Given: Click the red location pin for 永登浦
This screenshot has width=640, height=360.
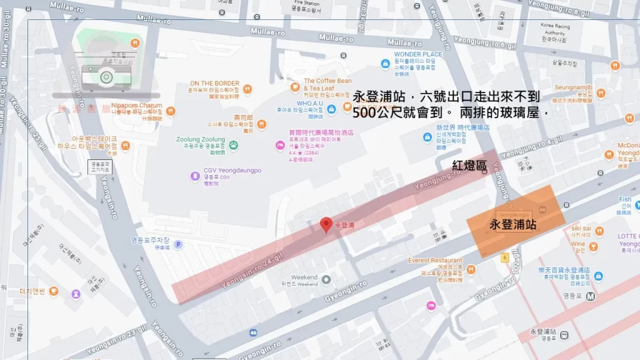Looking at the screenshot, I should click(326, 224).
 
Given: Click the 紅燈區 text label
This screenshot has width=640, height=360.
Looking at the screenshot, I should click(469, 165).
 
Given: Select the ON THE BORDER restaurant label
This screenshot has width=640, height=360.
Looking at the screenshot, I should click(214, 83).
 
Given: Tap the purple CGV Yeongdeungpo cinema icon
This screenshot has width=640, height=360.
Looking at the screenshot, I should click(196, 176).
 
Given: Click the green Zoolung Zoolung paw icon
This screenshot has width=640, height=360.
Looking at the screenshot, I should click(234, 145).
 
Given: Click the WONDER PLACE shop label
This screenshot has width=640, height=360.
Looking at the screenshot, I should click(417, 54).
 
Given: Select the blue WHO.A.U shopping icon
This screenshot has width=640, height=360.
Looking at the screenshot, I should click(331, 107).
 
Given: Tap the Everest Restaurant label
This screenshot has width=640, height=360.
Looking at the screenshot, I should click(435, 260).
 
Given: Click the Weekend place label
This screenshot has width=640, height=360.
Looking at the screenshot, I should click(304, 277).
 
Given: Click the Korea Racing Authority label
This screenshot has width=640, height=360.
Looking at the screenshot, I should click(554, 29).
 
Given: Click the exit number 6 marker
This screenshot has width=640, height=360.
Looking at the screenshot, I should click(504, 257).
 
